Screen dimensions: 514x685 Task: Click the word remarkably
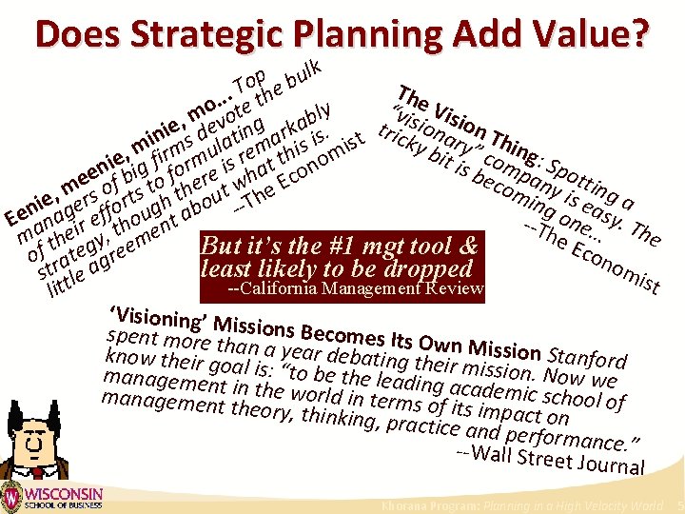click(x=285, y=130)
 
